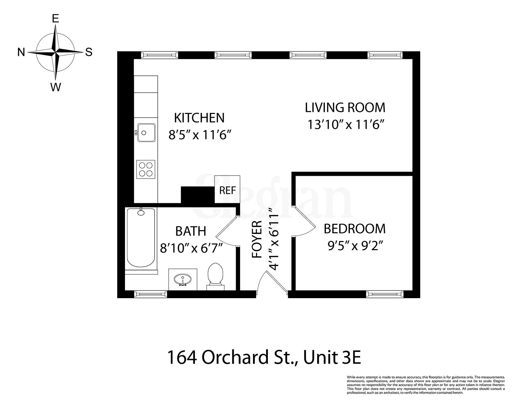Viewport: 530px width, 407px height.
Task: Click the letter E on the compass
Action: pyautogui.click(x=55, y=19)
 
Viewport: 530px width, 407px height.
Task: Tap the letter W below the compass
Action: pyautogui.click(x=55, y=87)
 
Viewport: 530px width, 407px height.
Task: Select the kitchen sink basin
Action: pyautogui.click(x=146, y=132)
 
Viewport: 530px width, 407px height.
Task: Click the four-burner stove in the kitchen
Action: pyautogui.click(x=146, y=169)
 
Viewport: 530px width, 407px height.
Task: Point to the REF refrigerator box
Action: pyautogui.click(x=227, y=190)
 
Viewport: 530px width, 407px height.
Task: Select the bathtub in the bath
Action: pyautogui.click(x=141, y=238)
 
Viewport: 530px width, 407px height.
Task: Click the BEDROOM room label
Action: pyautogui.click(x=354, y=229)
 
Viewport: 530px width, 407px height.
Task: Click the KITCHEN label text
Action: pyautogui.click(x=199, y=118)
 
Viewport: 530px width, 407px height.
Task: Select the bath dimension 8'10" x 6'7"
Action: pyautogui.click(x=191, y=248)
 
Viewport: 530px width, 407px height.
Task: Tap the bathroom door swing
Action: pyautogui.click(x=227, y=232)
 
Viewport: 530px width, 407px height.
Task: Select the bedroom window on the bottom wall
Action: pyautogui.click(x=385, y=294)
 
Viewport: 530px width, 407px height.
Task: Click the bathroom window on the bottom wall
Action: pyautogui.click(x=151, y=294)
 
